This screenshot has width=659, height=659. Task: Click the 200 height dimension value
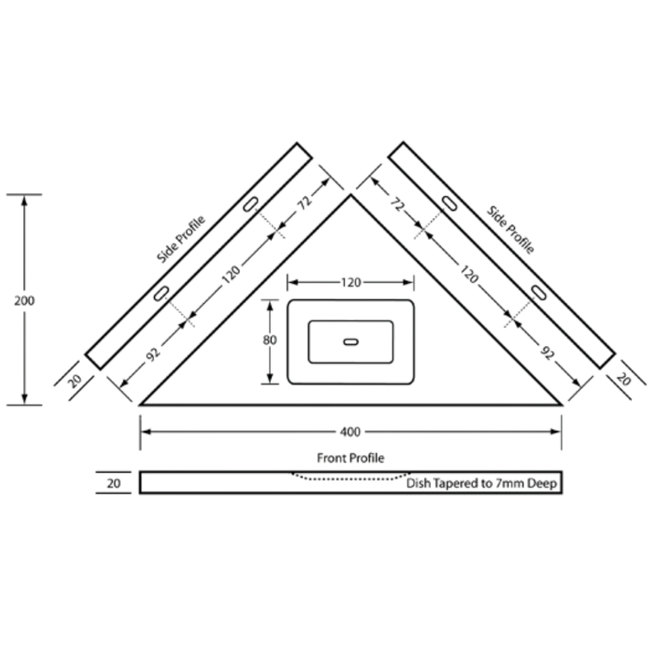(x=25, y=301)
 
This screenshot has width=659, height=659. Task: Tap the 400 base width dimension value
(x=350, y=432)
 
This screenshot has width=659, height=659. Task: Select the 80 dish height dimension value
(x=269, y=339)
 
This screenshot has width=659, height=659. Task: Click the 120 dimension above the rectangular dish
(x=351, y=283)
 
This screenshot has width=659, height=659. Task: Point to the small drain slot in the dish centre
(x=351, y=342)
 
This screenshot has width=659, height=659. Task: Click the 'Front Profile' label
(x=351, y=458)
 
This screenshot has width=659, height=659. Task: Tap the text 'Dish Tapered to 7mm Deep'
(x=482, y=484)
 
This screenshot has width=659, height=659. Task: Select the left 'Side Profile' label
(x=180, y=239)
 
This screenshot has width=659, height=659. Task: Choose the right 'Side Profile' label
(x=510, y=230)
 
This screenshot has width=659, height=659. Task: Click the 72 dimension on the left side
(x=304, y=203)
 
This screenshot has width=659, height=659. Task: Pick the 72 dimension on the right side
(x=397, y=204)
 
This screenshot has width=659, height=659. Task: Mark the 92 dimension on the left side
(x=153, y=354)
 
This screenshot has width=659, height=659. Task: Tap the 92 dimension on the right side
(x=547, y=353)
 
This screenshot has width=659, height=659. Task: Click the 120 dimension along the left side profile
(x=231, y=274)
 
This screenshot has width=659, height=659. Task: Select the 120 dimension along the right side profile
(x=469, y=274)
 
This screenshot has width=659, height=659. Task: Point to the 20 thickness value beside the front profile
(x=114, y=484)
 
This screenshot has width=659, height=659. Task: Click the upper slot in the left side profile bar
(x=250, y=203)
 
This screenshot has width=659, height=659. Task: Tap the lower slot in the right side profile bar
(x=539, y=292)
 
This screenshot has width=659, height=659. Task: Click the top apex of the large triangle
(x=351, y=194)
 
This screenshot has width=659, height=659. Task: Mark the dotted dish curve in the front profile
(x=351, y=479)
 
